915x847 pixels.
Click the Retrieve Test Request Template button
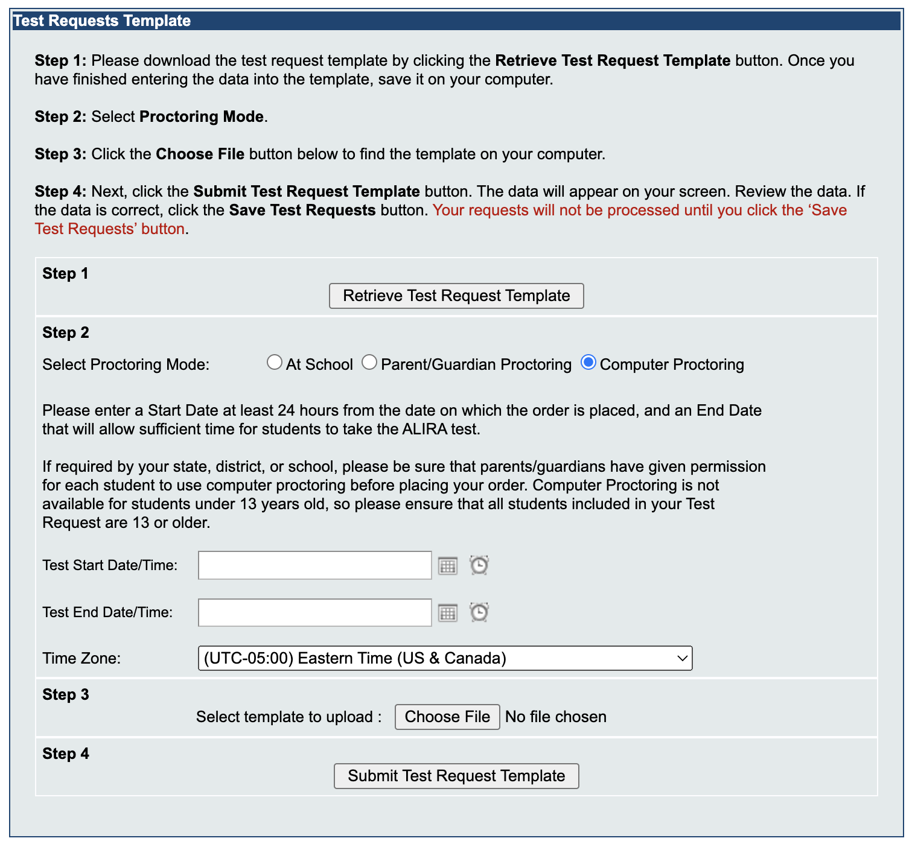456,296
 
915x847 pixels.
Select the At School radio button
275,363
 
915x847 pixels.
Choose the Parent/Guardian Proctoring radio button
369,363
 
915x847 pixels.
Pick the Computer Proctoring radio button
588,363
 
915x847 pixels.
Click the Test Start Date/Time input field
314,565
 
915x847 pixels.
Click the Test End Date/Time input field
314,612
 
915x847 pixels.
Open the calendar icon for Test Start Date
448,566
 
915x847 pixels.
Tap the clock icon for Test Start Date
479,565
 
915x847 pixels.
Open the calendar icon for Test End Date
448,613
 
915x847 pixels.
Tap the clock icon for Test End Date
479,612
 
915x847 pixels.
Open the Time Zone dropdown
445,658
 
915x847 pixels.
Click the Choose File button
447,717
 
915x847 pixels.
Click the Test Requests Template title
102,21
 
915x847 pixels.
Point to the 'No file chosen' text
556,717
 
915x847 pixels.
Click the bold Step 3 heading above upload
65,694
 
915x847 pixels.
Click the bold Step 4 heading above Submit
65,753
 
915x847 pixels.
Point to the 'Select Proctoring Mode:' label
126,364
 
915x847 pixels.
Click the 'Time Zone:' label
81,658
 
